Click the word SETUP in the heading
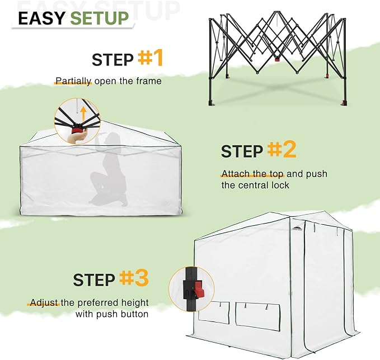click(100, 18)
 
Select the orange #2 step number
click(282, 150)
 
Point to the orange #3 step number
click(134, 278)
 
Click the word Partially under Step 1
click(73, 81)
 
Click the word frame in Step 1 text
click(149, 81)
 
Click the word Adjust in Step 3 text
click(43, 302)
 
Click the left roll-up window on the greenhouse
click(214, 312)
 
